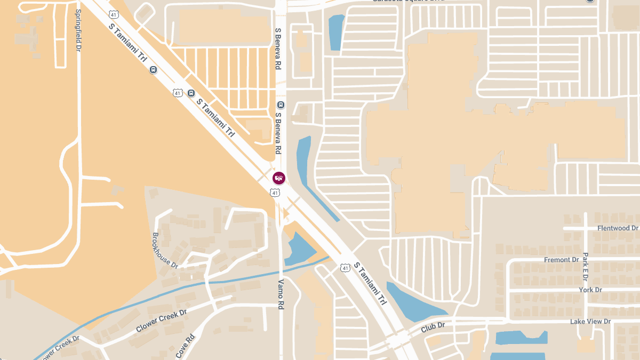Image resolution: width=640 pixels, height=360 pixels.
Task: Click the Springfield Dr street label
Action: (x=78, y=30)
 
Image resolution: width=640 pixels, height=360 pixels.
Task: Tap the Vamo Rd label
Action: (x=281, y=294)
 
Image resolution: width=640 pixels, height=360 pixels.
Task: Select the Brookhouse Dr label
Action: (x=165, y=249)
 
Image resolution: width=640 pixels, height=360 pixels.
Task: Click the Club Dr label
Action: (x=433, y=325)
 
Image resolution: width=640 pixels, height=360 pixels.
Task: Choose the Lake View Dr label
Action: (x=590, y=322)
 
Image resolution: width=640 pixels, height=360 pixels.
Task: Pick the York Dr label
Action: (x=590, y=290)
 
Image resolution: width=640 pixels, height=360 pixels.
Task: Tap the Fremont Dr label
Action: (x=561, y=260)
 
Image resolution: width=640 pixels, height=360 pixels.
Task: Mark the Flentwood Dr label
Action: (x=618, y=228)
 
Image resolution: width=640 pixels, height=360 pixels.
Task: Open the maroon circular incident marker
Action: (x=278, y=178)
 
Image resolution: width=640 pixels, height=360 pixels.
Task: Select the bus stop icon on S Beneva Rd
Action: (x=281, y=105)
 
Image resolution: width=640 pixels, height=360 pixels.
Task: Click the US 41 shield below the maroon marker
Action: (x=275, y=193)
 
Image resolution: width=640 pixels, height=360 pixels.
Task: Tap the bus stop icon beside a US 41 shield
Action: (x=191, y=93)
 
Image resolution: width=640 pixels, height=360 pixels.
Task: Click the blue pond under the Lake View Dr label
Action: (x=520, y=338)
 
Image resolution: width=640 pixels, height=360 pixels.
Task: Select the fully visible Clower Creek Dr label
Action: (x=161, y=321)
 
